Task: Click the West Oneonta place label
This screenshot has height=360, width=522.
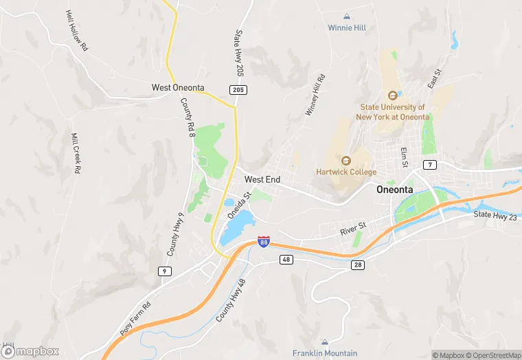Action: [178, 88]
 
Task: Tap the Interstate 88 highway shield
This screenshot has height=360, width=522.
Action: [264, 241]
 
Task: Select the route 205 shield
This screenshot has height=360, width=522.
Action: [238, 90]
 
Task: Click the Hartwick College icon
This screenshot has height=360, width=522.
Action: [346, 160]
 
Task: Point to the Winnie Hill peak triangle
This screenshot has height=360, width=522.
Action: [347, 16]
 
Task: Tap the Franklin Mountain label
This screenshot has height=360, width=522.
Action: [325, 353]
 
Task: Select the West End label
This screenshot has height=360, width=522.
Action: [262, 179]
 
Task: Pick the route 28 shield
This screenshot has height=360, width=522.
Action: [357, 265]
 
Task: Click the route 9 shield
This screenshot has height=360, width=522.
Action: [164, 271]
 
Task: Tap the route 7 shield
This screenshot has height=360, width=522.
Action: [430, 165]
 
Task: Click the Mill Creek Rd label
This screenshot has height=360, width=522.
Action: [76, 153]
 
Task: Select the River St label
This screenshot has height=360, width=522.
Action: [354, 228]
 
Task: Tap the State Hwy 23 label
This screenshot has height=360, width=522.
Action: [495, 216]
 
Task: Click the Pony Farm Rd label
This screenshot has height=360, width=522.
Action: [135, 317]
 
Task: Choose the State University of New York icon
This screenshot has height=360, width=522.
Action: [393, 95]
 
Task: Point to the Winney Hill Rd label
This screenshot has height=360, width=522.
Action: [314, 95]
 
